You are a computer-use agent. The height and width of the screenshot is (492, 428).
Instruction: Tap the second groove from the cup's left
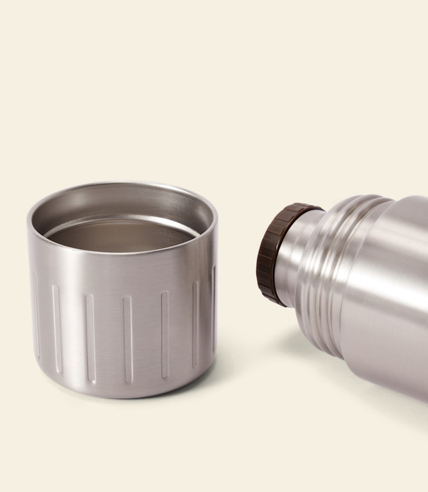click(x=57, y=328)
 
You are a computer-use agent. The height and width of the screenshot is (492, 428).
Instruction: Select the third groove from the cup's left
click(x=90, y=338)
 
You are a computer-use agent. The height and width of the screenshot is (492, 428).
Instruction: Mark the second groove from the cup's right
click(x=195, y=324)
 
